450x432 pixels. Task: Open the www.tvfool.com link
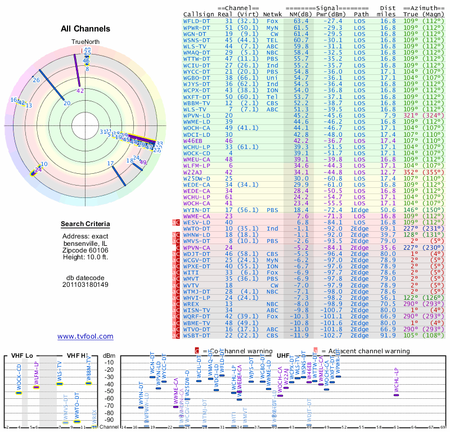point(85,336)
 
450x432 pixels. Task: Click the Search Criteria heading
point(85,224)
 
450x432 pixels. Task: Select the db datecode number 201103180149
point(85,284)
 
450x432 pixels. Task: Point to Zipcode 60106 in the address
point(85,250)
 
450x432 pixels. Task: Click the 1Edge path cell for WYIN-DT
point(361,209)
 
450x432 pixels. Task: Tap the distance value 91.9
point(388,336)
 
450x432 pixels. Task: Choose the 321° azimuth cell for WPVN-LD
point(411,115)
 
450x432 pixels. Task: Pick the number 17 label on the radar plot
point(110,163)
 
